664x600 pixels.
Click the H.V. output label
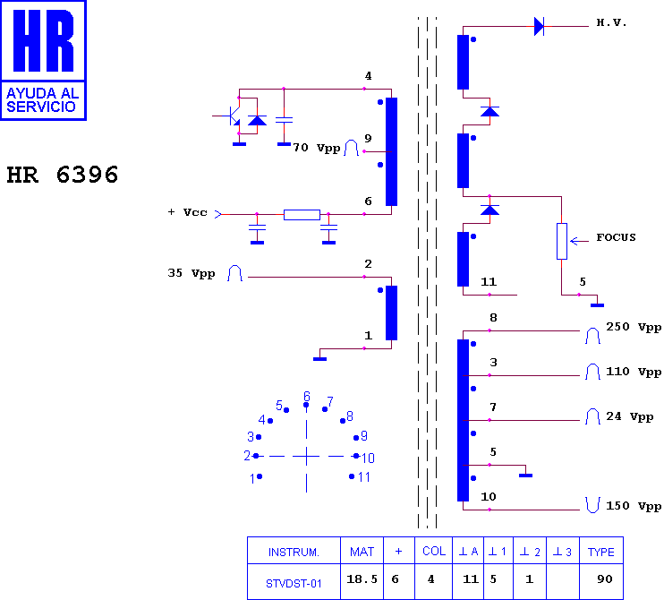point(611,22)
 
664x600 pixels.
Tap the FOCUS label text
point(617,237)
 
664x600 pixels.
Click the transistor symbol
point(232,116)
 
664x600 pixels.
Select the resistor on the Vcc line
point(302,215)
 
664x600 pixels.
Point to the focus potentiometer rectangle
point(561,241)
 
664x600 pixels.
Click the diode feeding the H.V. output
point(539,26)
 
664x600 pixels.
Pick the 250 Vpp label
point(634,327)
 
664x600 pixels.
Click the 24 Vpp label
point(630,416)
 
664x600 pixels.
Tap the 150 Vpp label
point(634,506)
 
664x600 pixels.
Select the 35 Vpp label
point(192,273)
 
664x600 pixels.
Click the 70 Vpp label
point(317,148)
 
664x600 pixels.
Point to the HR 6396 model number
point(63,175)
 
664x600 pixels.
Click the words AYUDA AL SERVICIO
point(42,100)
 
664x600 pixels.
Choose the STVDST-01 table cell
point(294,584)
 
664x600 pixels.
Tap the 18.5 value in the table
point(362,579)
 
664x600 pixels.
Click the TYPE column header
point(600,552)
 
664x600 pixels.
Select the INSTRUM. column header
point(294,553)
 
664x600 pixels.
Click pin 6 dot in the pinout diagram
point(306,405)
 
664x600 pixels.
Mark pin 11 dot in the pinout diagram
point(352,476)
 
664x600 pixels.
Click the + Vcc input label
point(187,212)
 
